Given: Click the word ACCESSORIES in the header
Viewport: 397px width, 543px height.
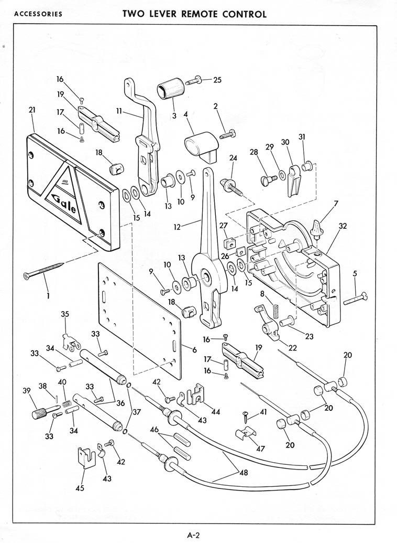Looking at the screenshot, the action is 38,14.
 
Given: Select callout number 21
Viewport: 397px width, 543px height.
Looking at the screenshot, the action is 32,110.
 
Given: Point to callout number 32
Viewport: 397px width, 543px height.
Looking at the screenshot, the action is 343,226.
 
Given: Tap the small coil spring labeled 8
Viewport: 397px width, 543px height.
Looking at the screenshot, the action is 275,311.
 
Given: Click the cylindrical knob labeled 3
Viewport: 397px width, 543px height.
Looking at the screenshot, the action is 171,89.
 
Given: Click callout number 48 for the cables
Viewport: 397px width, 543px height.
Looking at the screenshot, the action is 244,472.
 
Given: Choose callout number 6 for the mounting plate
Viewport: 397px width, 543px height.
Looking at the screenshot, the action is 194,350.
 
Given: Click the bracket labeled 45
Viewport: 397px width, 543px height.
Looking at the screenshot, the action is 85,457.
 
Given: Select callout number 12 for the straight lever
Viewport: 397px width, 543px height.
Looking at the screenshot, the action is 177,227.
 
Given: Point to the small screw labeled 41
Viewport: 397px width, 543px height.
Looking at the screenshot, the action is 246,417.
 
